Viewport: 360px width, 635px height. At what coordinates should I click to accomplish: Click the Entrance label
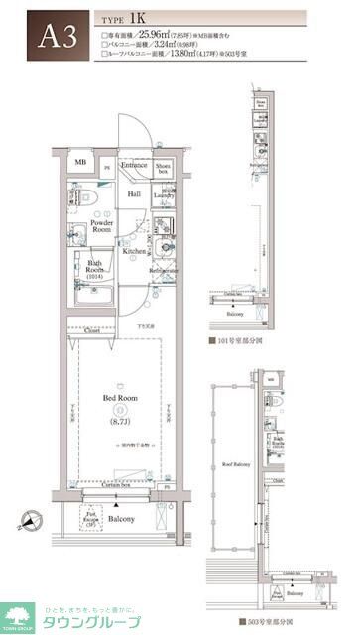134,165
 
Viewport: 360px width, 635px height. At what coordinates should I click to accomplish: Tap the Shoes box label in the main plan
165,168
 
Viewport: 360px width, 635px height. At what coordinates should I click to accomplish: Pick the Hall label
134,193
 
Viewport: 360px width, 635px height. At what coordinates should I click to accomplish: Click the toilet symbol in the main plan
80,197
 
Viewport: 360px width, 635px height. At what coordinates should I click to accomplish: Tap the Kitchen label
135,252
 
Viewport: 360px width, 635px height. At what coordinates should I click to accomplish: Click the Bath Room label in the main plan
95,269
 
